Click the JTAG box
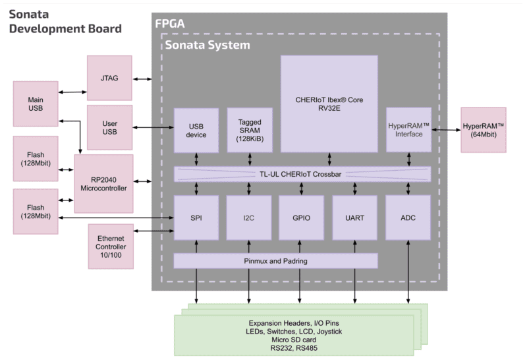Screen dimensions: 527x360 [x=109, y=78]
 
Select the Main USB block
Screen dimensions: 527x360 [x=36, y=104]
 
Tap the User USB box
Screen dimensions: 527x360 [x=109, y=127]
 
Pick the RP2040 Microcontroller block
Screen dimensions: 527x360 [x=103, y=184]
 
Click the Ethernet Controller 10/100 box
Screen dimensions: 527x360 [x=111, y=247]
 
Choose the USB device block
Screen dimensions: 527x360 [x=196, y=131]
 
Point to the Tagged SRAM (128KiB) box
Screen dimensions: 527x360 [x=250, y=130]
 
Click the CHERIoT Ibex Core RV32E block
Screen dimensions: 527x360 [x=329, y=104]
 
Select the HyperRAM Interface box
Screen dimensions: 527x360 [x=408, y=130]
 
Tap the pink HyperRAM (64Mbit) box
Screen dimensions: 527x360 [x=484, y=130]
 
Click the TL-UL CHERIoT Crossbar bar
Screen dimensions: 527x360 [x=302, y=174]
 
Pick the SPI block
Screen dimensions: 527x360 [x=196, y=218]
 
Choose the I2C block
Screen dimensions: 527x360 [x=249, y=218]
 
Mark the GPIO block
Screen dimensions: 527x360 [x=302, y=218]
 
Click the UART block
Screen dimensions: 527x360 [x=354, y=218]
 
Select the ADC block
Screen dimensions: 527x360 [x=408, y=218]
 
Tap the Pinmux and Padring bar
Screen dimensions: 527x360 [x=275, y=261]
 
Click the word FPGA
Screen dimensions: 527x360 [x=170, y=24]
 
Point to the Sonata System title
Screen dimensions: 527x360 [x=208, y=45]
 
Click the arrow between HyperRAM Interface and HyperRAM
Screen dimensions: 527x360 [x=446, y=129]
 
